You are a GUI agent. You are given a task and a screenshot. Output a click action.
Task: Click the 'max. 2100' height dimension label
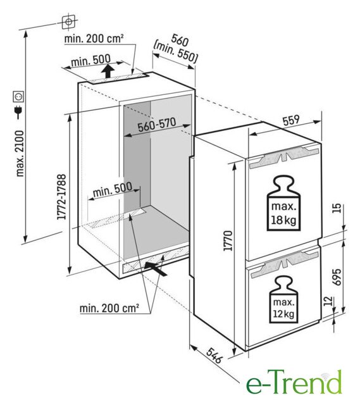[x=20, y=154]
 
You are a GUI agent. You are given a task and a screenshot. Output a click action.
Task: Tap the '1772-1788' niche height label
[x=62, y=197]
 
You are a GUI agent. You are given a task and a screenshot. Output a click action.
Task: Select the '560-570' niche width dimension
[x=157, y=125]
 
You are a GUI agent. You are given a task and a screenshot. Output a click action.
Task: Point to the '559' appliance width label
[x=291, y=120]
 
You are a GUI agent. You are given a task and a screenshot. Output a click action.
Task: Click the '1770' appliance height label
[x=228, y=240]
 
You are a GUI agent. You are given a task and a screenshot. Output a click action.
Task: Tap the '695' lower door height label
[x=337, y=277]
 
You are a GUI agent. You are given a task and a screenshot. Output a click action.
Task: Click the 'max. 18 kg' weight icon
[x=283, y=203]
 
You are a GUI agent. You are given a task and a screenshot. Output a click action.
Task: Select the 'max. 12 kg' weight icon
[x=283, y=299]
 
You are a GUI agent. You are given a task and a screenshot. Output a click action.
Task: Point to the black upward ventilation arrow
[x=108, y=71]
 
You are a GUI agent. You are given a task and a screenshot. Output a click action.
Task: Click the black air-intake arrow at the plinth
[x=155, y=269]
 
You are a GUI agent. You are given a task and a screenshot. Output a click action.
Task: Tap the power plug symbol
[x=19, y=112]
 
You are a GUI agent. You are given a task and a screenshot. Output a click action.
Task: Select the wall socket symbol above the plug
[x=19, y=96]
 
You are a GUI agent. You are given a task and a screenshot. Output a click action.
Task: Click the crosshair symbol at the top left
[x=68, y=22]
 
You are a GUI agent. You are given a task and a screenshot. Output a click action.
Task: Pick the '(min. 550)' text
[x=175, y=53]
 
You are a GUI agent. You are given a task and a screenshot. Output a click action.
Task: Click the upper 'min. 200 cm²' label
[x=94, y=39]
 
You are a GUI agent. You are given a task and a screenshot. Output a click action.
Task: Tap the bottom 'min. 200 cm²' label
[x=109, y=308]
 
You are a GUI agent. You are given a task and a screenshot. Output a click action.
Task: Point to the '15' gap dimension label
[x=337, y=208]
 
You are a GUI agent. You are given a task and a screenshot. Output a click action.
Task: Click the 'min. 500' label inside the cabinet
[x=113, y=190]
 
